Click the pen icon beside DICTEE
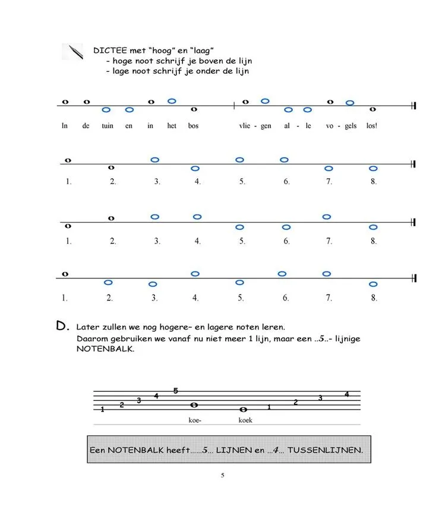pos(72,52)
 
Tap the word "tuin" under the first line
pos(108,126)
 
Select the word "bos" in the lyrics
pos(193,126)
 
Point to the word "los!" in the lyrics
pos(372,126)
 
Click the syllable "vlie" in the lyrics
pos(245,126)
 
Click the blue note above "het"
pos(172,101)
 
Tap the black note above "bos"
pos(194,109)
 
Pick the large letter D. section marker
pos(62,325)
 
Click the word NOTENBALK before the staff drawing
pos(98,349)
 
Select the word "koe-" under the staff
pos(194,420)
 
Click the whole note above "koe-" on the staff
pos(194,405)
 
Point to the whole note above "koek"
pos(243,410)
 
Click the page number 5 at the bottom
pos(222,475)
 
